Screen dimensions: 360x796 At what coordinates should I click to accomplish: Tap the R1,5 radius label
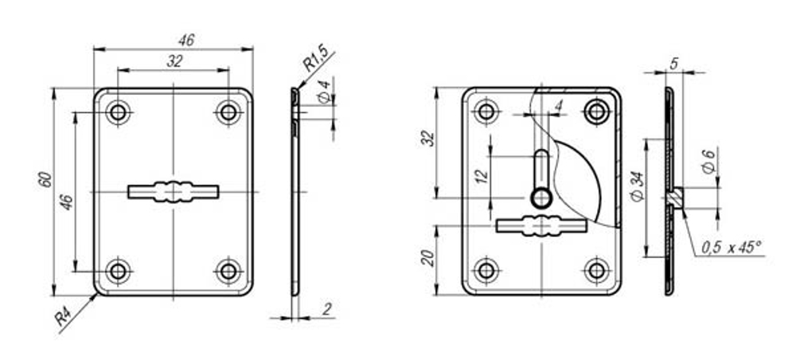[x=316, y=57]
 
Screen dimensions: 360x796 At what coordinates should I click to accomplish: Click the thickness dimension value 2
[x=327, y=309]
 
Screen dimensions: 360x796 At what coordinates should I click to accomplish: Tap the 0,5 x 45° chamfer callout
[x=732, y=248]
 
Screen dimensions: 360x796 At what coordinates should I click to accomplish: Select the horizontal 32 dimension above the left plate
[x=174, y=60]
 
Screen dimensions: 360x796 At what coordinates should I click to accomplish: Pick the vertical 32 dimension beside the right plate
[x=427, y=138]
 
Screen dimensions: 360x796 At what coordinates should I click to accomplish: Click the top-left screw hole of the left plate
[x=119, y=113]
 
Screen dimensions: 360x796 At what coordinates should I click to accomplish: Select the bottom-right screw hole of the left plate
[x=228, y=271]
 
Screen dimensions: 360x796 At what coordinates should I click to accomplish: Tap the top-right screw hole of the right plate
[x=595, y=112]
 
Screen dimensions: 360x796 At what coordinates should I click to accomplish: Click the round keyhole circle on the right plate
[x=540, y=197]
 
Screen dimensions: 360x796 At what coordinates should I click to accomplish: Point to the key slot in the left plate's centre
[x=173, y=192]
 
